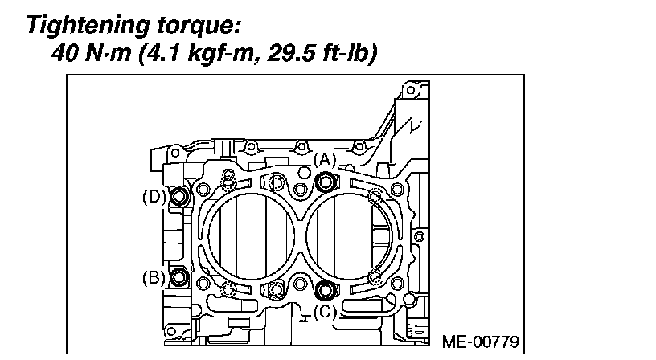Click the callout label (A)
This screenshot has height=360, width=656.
[325, 159]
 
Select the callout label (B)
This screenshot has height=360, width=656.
[154, 277]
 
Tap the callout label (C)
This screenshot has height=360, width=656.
[325, 312]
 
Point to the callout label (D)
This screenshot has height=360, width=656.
[154, 197]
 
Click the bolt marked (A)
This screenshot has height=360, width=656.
[326, 182]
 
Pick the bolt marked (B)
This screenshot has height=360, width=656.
[179, 276]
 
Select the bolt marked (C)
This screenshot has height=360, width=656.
[326, 290]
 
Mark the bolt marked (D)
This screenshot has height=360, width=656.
[179, 196]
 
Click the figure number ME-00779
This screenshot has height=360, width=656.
[480, 342]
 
